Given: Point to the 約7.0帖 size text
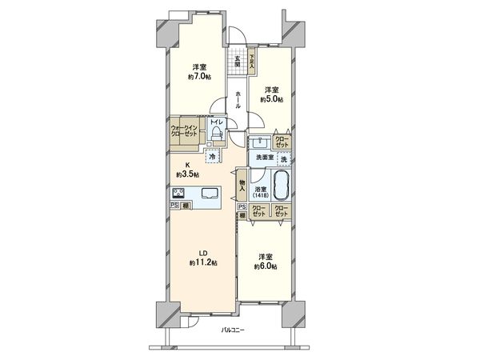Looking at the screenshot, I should coord(200,77).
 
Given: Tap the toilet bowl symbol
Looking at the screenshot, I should coord(215,134).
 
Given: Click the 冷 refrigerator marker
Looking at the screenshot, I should coord(213,157).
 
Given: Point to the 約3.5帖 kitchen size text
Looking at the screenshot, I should coord(187,174).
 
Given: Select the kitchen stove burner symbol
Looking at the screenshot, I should coord(178,193).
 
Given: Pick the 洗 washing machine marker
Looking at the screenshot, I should coord(283,158).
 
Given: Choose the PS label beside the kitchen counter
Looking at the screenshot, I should coord(174,206).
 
